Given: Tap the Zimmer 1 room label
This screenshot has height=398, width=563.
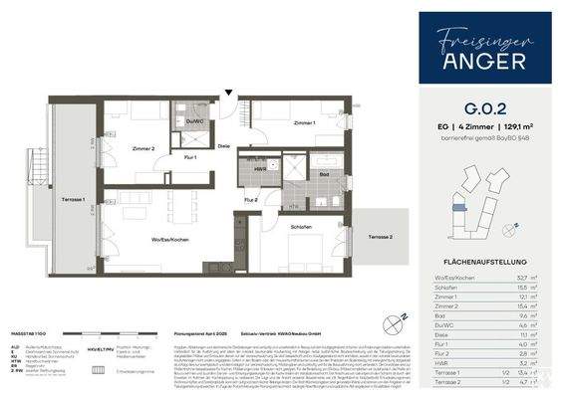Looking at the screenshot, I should [305, 121].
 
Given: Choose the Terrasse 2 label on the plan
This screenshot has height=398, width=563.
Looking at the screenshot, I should [381, 237].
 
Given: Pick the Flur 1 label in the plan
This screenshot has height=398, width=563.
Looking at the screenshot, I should [189, 157].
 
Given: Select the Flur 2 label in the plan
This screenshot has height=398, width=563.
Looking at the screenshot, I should [252, 200].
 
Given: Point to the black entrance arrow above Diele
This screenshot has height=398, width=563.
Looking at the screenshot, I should [230, 95].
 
